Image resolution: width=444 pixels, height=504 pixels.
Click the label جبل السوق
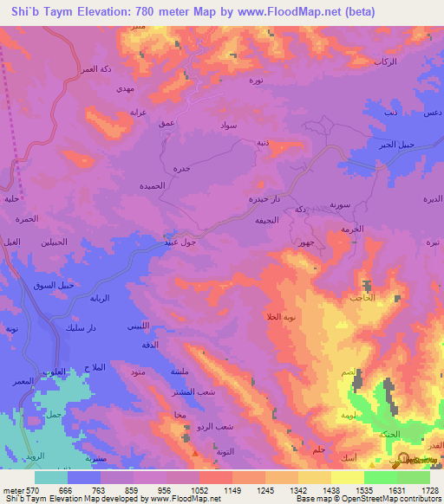[62, 285]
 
